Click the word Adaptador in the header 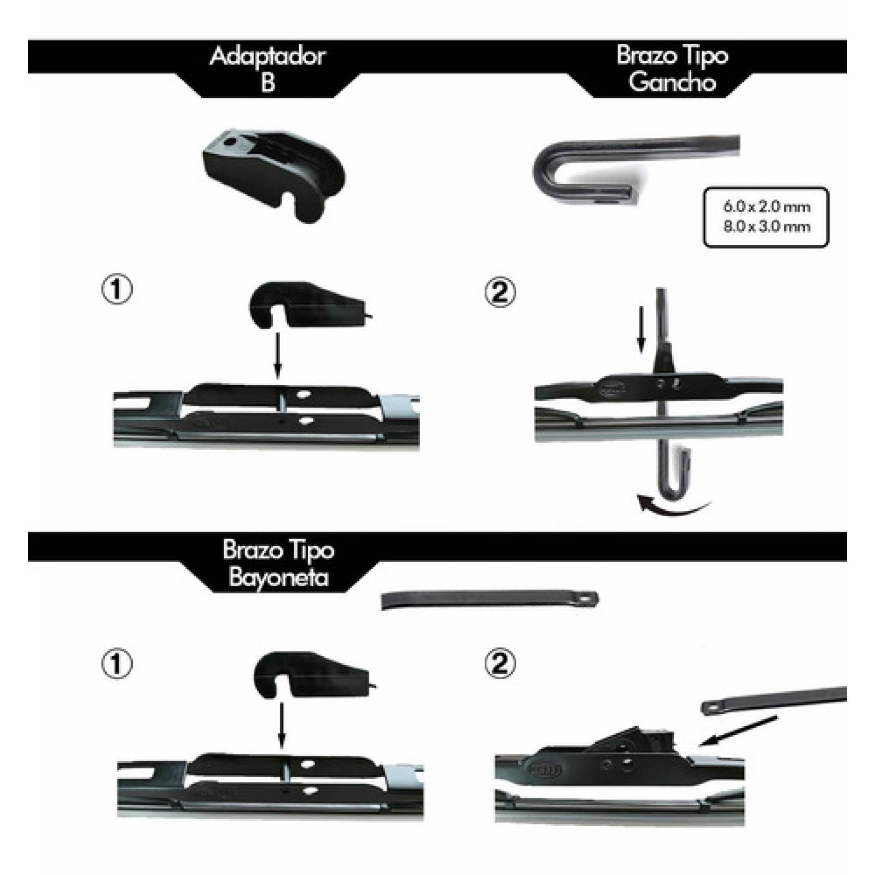tap(267, 56)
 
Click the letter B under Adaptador tap(268, 83)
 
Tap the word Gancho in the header tap(672, 82)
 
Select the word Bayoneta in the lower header tap(278, 577)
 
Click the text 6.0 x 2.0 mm tap(766, 207)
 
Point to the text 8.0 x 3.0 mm tap(766, 226)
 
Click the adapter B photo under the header tap(273, 174)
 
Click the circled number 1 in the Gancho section tap(117, 289)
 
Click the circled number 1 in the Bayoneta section tap(117, 664)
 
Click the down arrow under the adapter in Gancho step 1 tap(277, 355)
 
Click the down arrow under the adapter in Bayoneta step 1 tap(282, 725)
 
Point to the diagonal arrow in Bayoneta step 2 tap(738, 730)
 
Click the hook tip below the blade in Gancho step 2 tap(676, 472)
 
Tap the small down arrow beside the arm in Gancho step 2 tap(641, 329)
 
